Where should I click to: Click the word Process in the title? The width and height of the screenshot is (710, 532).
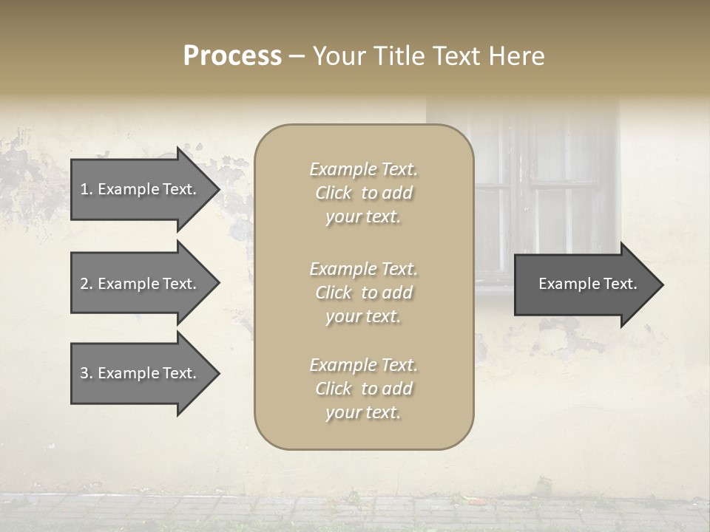[232, 56]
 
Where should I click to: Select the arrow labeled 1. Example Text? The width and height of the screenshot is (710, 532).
[141, 189]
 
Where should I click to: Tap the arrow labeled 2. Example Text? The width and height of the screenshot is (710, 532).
[141, 284]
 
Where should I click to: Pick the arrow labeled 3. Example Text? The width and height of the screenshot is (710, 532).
[141, 373]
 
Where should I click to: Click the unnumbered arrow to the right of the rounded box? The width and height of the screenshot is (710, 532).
[584, 284]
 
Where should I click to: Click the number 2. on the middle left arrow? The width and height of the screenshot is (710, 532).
[87, 284]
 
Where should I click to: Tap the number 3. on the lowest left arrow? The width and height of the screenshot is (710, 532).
[87, 373]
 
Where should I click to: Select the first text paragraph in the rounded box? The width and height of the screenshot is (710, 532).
[363, 193]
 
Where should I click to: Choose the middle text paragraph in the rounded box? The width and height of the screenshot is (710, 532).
[363, 293]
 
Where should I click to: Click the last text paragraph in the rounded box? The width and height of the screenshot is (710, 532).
[363, 389]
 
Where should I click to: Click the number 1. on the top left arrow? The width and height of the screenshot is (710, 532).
[87, 189]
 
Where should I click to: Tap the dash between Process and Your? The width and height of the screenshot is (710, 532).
[297, 57]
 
